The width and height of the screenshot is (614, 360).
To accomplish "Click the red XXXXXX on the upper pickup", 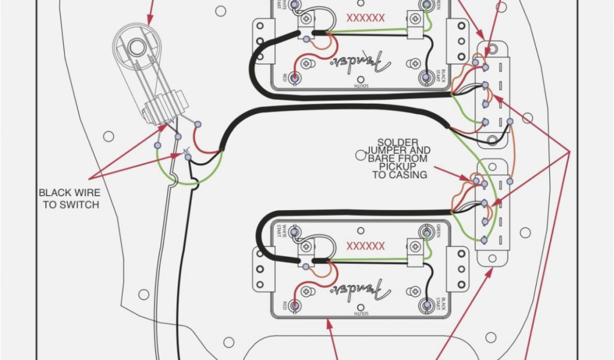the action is (365, 19).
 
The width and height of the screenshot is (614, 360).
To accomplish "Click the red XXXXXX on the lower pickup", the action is (365, 246).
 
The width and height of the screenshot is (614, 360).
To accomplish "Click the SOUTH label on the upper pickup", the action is (360, 86).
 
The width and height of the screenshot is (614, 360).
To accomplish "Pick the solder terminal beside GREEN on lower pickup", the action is (427, 232).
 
